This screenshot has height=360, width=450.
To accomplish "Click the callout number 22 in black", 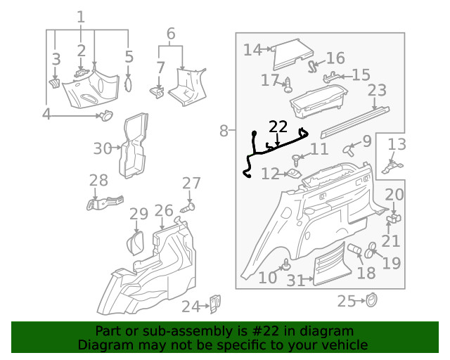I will (x=278, y=127).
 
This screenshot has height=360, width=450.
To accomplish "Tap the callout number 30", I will (x=103, y=148).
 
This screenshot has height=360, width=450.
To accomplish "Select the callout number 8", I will (x=224, y=130).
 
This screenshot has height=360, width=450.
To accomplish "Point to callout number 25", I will (x=346, y=302).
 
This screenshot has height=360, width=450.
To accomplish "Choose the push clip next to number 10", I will (x=286, y=265).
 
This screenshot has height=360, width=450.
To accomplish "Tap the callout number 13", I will (x=397, y=145).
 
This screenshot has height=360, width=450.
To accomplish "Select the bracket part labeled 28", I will (x=103, y=202).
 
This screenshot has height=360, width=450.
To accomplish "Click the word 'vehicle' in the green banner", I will (x=344, y=345).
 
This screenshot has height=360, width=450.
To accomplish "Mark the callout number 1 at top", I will (x=82, y=16).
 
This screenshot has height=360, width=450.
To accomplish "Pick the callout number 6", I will (x=170, y=33).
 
